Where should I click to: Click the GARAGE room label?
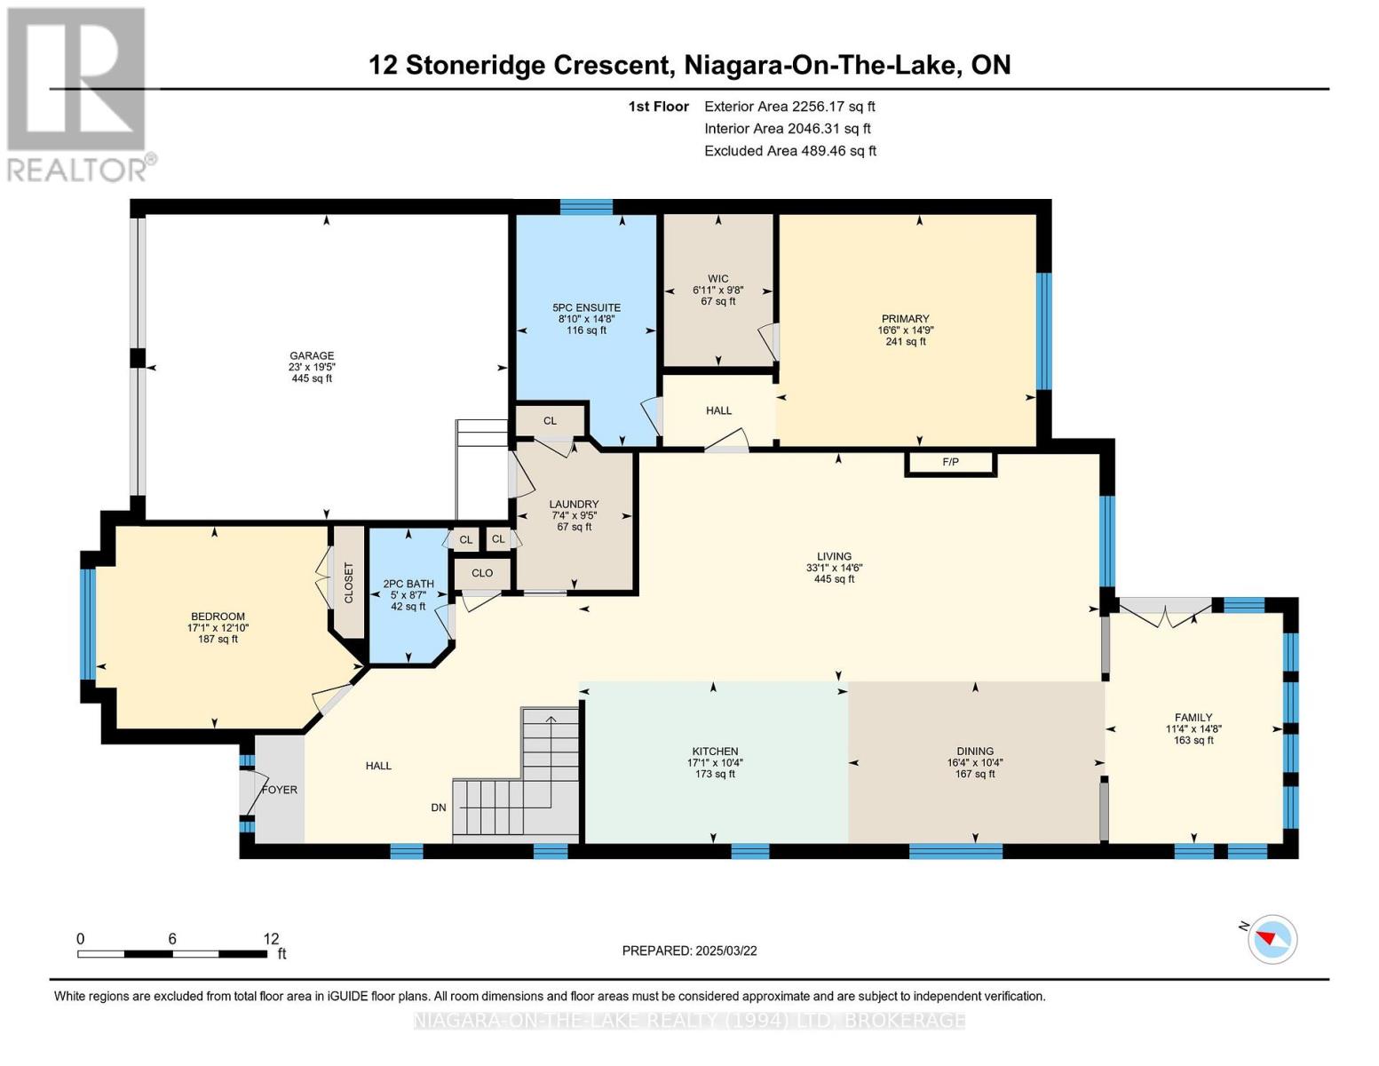coord(312,355)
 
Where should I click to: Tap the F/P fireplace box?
coord(950,463)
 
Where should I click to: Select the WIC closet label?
coord(718,279)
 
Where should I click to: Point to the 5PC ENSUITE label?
coord(586,307)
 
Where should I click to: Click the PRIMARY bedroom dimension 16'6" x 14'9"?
coord(906,330)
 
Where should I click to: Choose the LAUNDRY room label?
coord(574,504)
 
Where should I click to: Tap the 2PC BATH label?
coord(408,585)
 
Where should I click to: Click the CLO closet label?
coord(482,573)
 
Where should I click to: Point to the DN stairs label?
coord(439,807)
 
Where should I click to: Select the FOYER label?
coord(280,790)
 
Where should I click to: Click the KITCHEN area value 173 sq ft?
coord(715,774)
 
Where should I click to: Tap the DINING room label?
coord(975,752)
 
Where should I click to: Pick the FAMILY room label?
coord(1193,718)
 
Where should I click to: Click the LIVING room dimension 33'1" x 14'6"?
coord(835,569)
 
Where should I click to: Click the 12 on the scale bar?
coord(271,939)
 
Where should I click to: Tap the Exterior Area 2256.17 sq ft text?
coord(790,107)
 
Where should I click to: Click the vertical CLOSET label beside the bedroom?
coord(348,582)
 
